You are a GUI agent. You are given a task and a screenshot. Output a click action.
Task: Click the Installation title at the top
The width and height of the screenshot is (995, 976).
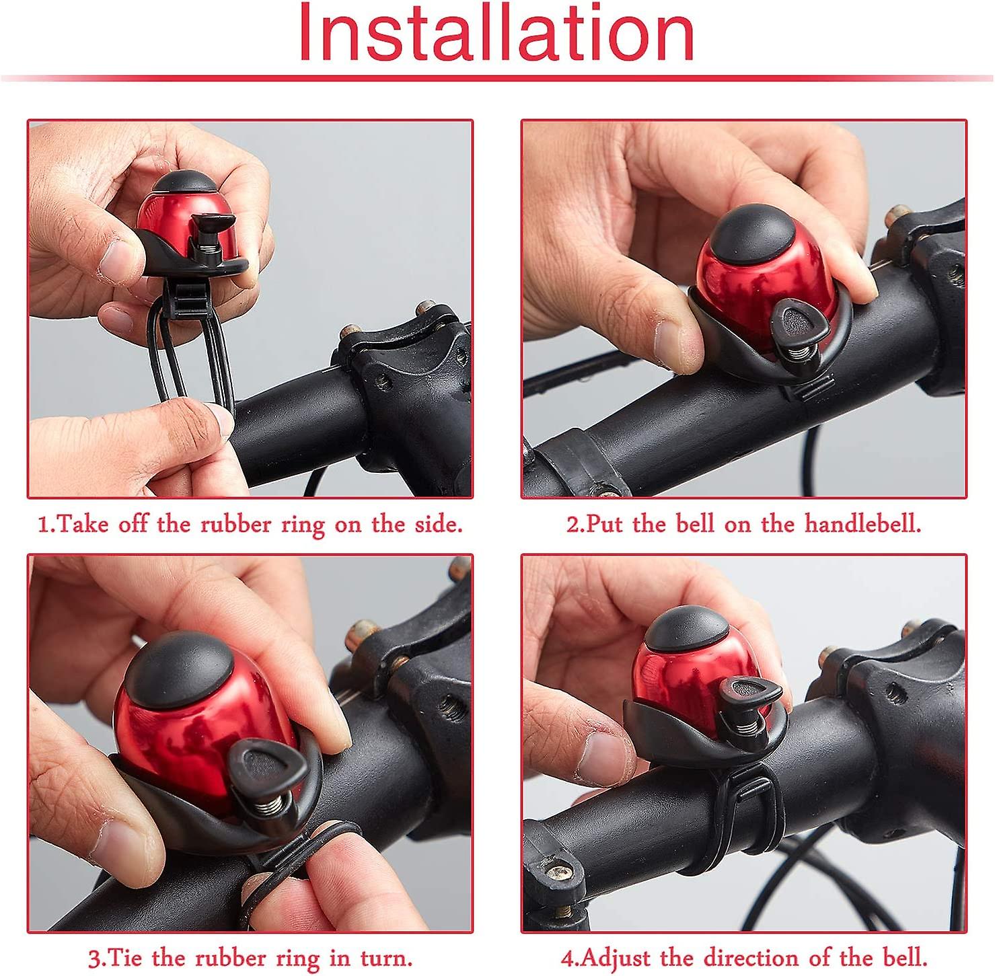point(496,34)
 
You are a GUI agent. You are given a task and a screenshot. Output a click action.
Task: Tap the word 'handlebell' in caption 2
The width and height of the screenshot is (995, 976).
point(862,523)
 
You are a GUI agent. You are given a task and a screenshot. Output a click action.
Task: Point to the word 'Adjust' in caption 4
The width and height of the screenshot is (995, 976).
point(617,957)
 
